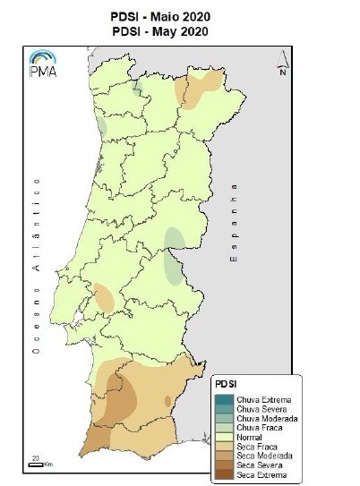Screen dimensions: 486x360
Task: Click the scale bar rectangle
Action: [34, 464]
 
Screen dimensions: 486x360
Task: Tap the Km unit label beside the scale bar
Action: [47, 465]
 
